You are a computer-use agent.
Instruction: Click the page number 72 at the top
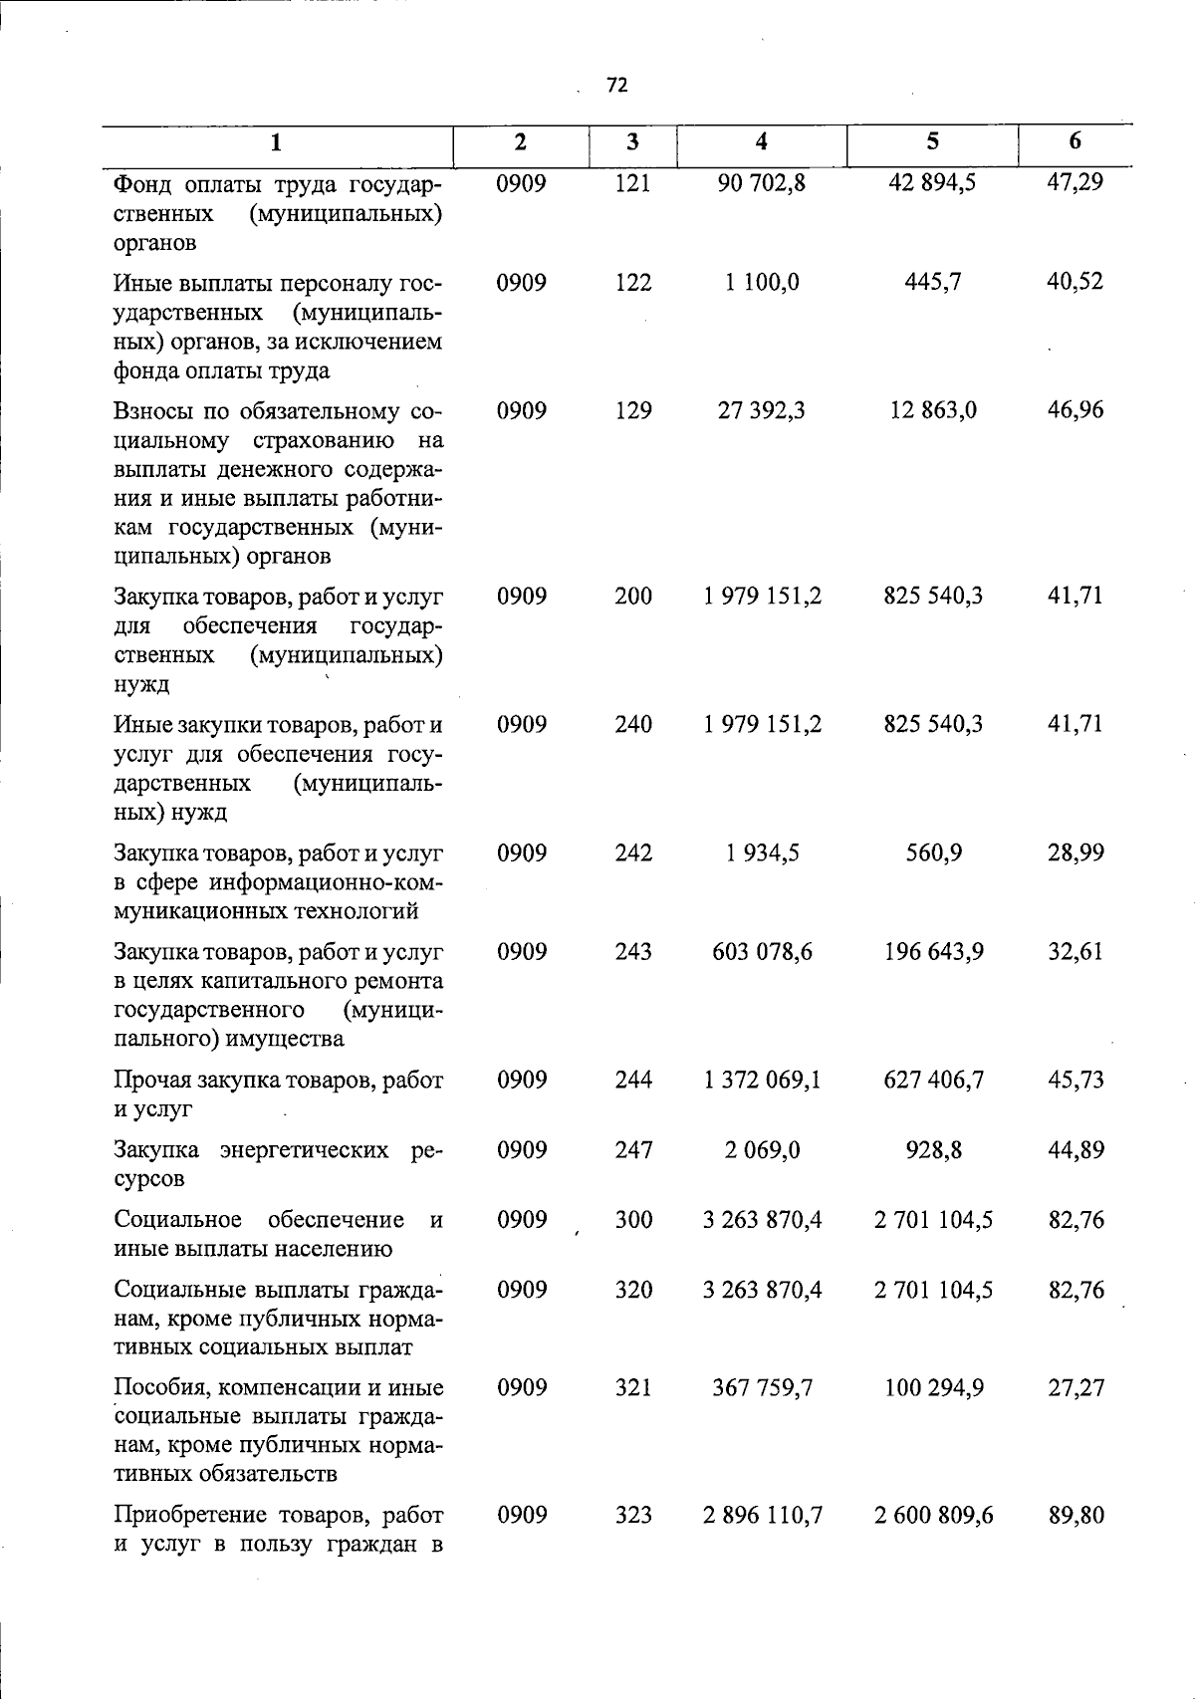[616, 86]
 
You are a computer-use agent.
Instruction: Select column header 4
[761, 142]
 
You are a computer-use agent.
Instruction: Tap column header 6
[1075, 141]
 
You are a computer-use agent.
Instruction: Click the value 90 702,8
[762, 183]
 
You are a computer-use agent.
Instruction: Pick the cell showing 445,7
[933, 283]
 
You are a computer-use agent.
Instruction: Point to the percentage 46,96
[1075, 410]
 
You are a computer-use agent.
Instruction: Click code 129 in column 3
[632, 410]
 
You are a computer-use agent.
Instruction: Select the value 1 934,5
[762, 853]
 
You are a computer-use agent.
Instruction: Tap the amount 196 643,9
[933, 952]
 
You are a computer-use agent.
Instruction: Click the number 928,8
[934, 1150]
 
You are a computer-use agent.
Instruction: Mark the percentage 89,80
[1075, 1516]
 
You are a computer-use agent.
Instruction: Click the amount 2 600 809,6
[933, 1516]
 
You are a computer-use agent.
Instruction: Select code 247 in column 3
[632, 1150]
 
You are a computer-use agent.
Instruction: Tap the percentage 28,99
[1075, 853]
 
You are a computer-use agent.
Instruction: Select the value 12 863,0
[933, 410]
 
